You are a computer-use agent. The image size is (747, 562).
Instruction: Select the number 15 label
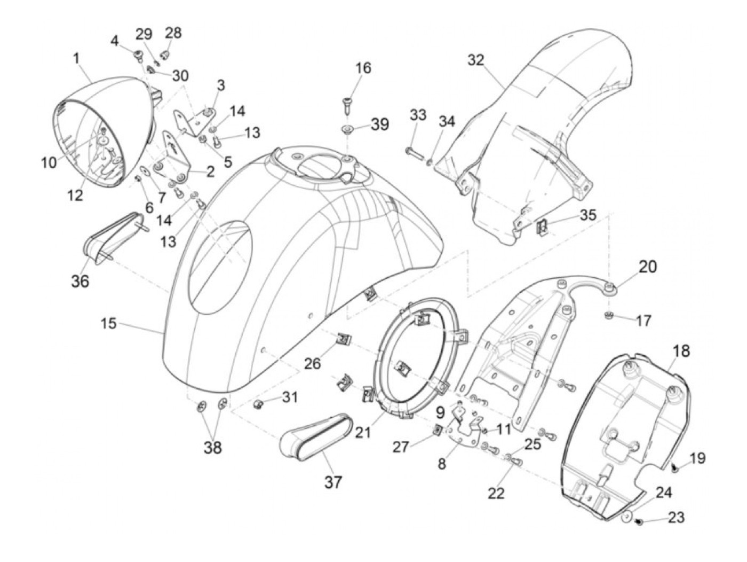[x=109, y=324]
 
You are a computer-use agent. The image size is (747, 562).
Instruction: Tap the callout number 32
[x=476, y=60]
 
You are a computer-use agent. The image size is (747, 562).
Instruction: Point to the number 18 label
[x=681, y=351]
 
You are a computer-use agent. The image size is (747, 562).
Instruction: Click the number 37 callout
[x=333, y=482]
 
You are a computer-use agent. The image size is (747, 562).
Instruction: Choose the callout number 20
[x=648, y=266]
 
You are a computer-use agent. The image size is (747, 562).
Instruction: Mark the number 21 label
[x=363, y=432]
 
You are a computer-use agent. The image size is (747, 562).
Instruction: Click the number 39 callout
[x=380, y=124]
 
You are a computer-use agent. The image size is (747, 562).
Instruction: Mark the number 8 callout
[x=442, y=464]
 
